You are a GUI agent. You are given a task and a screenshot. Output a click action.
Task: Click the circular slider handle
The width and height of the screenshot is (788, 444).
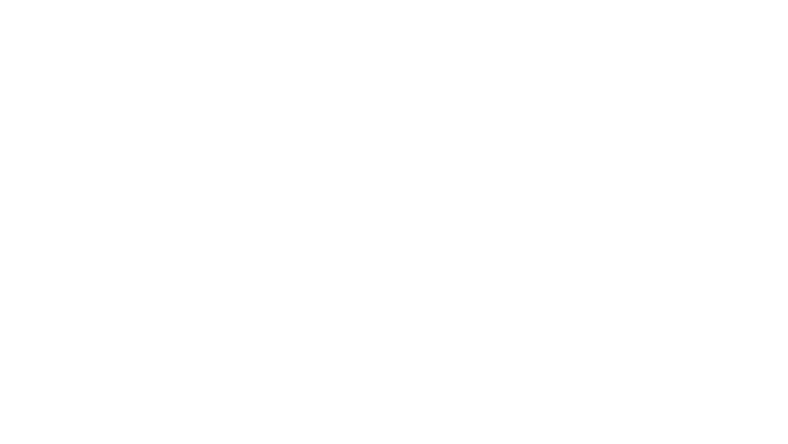click(x=605, y=293)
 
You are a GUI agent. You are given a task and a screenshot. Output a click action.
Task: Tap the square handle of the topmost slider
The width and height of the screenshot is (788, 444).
click(x=682, y=79)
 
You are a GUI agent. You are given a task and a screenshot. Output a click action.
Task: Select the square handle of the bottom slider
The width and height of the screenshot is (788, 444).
click(x=664, y=400)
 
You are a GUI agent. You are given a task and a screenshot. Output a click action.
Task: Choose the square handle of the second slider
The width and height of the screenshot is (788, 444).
click(x=549, y=185)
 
